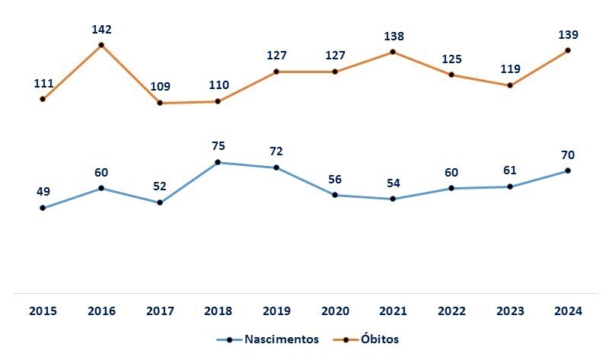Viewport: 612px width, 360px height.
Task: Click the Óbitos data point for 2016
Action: click(x=101, y=46)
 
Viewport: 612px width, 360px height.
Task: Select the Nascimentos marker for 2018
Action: click(x=218, y=162)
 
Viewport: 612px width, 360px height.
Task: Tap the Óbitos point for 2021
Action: click(x=393, y=52)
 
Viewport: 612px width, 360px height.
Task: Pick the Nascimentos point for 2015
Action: click(x=43, y=208)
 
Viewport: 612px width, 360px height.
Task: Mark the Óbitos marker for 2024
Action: click(x=568, y=50)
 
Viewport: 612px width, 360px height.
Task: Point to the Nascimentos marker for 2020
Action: click(x=334, y=195)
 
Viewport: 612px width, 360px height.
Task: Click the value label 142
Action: click(x=101, y=30)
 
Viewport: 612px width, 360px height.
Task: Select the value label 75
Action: click(x=218, y=146)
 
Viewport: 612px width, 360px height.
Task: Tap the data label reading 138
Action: click(x=394, y=36)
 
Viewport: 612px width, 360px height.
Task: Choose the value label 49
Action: click(x=43, y=192)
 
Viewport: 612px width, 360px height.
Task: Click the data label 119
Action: click(x=510, y=69)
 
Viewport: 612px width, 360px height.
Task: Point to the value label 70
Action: click(x=569, y=155)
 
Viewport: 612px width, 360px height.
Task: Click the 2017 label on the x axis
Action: click(x=159, y=311)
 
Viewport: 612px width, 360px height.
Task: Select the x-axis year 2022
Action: click(x=451, y=311)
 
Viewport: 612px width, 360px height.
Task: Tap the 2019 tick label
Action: click(x=276, y=311)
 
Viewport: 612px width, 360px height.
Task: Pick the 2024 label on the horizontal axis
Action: click(x=568, y=311)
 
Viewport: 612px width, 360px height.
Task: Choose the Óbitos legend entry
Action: click(x=378, y=339)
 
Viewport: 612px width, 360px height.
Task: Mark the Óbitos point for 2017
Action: click(x=160, y=103)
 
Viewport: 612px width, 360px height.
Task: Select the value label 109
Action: click(x=160, y=87)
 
